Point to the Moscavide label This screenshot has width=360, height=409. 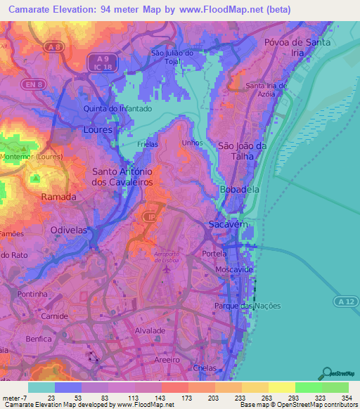click(x=234, y=269)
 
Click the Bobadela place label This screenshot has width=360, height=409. click(x=239, y=190)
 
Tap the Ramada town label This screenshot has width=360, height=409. click(x=58, y=197)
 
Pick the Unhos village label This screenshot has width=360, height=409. click(x=191, y=143)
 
